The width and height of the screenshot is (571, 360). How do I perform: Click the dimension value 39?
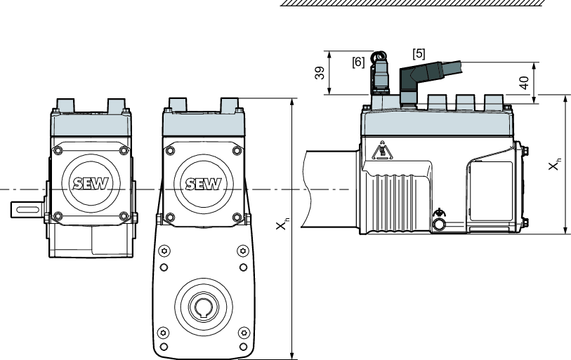[x=320, y=74]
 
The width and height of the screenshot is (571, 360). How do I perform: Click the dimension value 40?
[x=523, y=83]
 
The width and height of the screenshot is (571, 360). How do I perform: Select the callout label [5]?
[x=419, y=53]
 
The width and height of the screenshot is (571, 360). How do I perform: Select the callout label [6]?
[x=357, y=62]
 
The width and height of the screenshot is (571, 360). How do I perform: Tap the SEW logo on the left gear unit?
[x=88, y=183]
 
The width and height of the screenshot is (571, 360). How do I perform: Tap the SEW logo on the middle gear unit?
[x=202, y=184]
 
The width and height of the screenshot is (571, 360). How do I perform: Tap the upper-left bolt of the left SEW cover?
[x=58, y=150]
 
